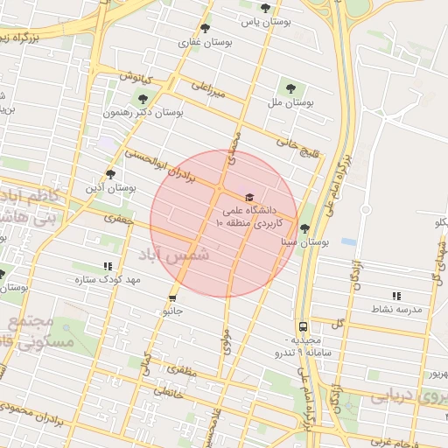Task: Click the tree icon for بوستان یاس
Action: coord(265,8)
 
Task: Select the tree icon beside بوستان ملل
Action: coord(290,87)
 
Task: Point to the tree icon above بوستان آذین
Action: coord(109,173)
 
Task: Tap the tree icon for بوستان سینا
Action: coord(304,228)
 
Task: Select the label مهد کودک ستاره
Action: coord(108,280)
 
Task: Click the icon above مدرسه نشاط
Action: coord(395,296)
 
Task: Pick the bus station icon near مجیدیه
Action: coord(302,326)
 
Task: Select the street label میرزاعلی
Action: coord(208,88)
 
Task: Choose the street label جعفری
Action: coord(118,220)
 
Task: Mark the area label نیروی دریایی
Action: coord(402,397)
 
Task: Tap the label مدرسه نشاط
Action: coord(398,310)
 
